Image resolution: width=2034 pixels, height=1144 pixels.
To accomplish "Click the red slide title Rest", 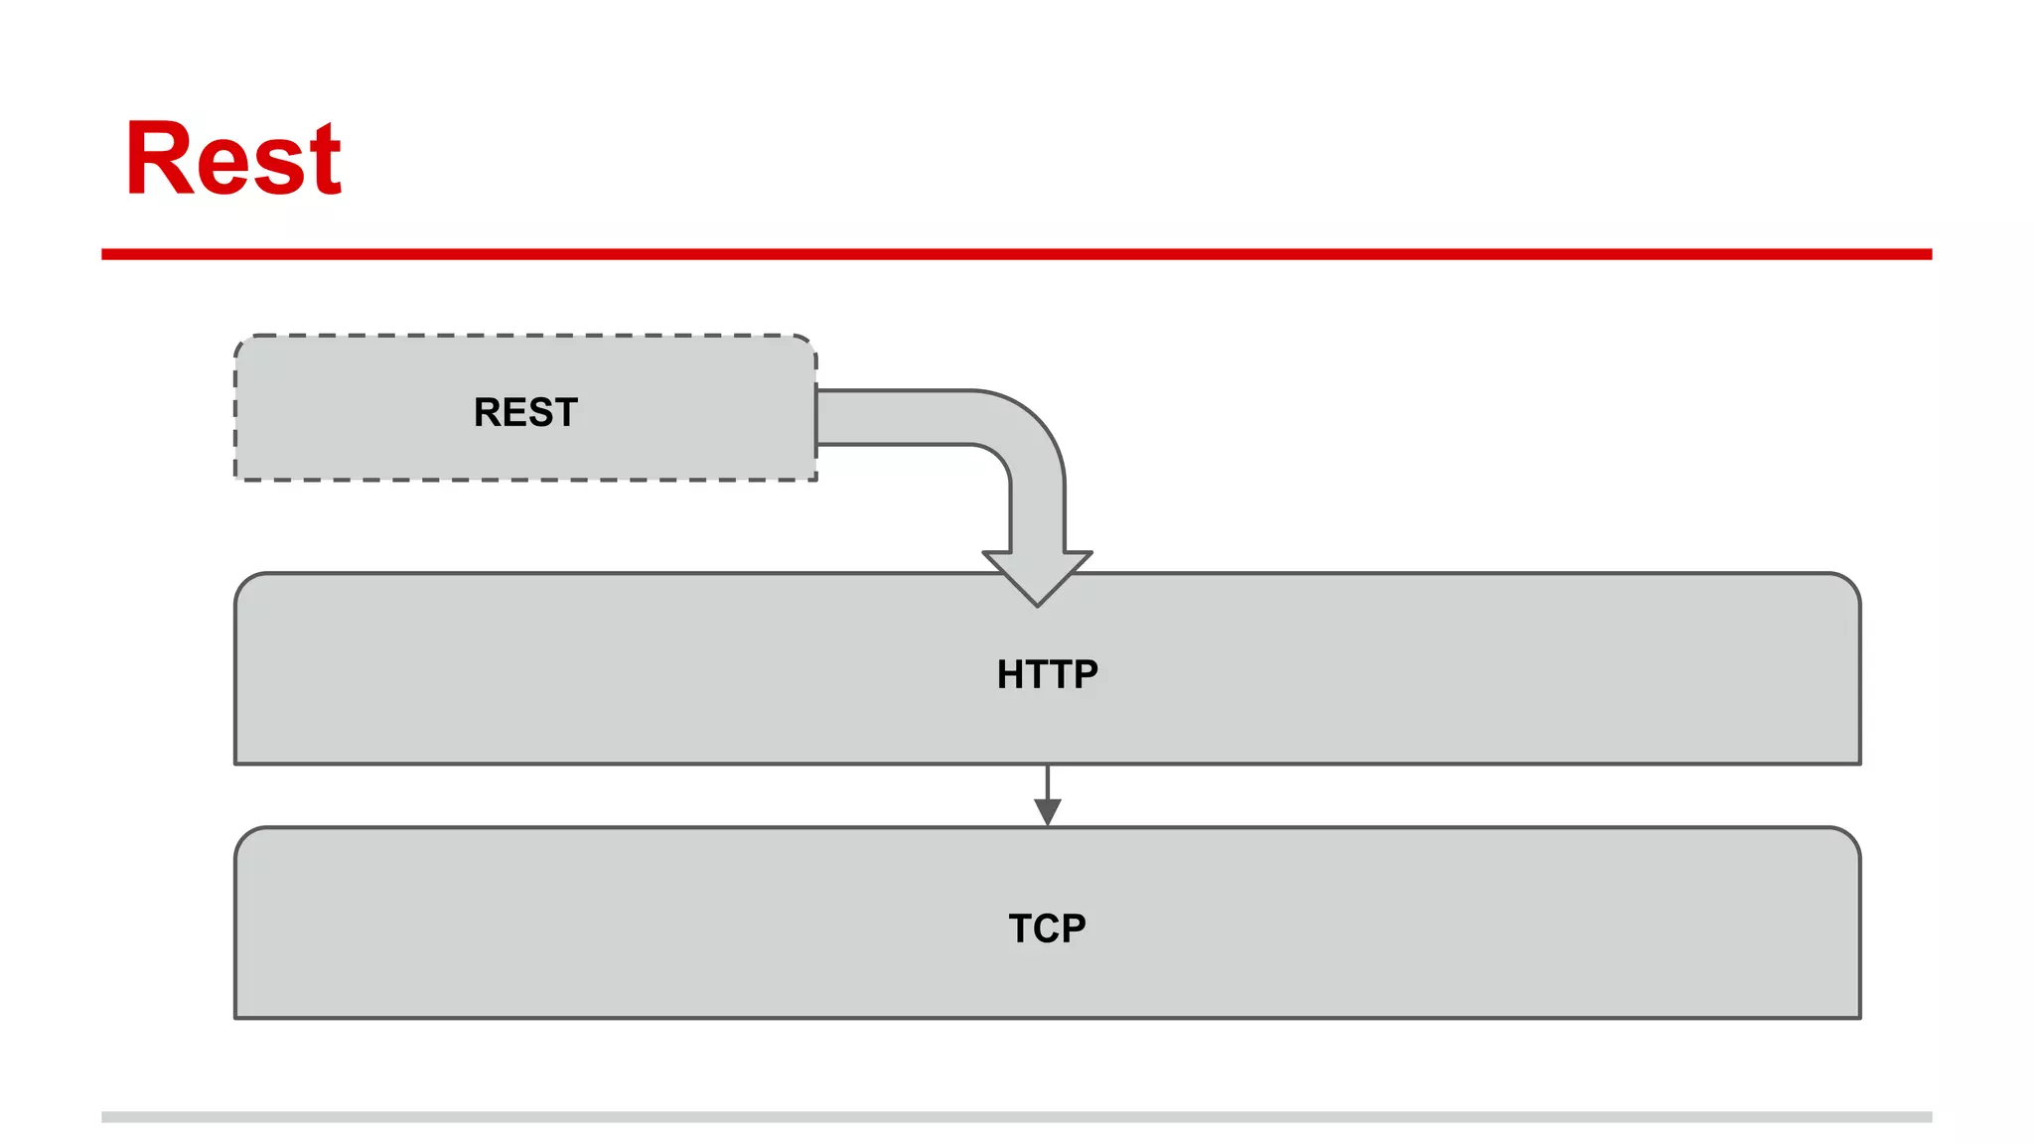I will coord(233,159).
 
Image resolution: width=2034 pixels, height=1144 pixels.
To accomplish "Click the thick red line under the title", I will coord(1016,254).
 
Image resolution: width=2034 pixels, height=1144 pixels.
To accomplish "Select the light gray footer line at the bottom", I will coord(1016,1116).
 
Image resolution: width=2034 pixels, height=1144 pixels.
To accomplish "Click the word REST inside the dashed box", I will coord(525,412).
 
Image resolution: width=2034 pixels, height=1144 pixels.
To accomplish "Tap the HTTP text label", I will coord(1047,674).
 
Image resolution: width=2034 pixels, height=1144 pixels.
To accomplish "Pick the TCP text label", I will coord(1047,929).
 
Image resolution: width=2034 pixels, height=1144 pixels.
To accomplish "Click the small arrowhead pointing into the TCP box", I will coord(1048,812).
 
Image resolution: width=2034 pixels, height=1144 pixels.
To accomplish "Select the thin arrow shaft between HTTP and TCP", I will coord(1048,782).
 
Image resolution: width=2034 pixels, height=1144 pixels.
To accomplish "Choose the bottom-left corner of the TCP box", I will coord(236,1016).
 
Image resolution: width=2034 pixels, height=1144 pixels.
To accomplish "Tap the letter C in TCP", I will coord(1047,929).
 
